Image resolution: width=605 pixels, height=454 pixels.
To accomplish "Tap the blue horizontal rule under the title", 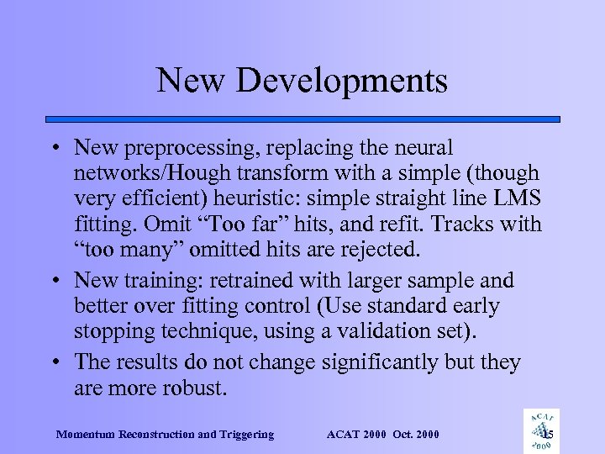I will [302, 119].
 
